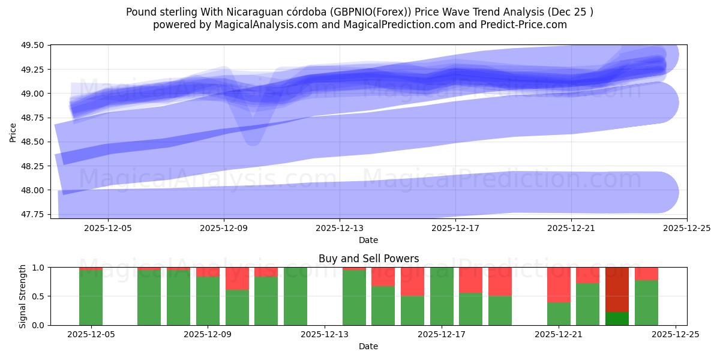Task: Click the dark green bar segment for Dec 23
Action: coord(617,319)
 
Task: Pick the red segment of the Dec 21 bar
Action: coord(559,285)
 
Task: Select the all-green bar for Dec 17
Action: coord(442,296)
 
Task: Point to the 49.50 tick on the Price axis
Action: coord(35,45)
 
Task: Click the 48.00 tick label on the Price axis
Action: coord(35,190)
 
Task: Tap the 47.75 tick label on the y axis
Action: coord(35,214)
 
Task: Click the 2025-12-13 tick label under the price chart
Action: coord(340,228)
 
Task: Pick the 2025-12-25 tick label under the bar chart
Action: coord(676,335)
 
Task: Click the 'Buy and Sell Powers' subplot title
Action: coord(368,259)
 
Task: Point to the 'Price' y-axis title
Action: coord(13,132)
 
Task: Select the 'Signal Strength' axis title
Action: coord(22,296)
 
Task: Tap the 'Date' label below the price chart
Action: coord(368,240)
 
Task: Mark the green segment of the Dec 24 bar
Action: coord(646,302)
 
